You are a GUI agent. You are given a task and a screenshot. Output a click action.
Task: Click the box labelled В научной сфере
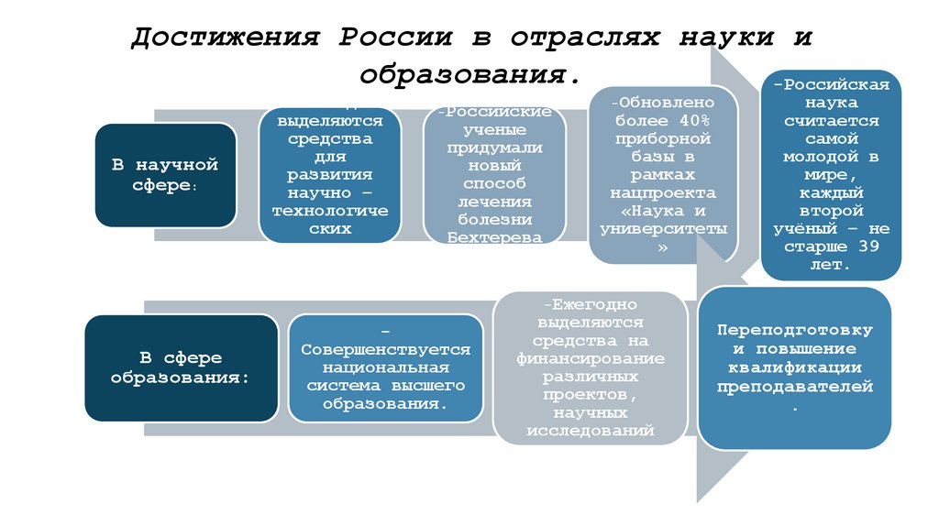tap(164, 175)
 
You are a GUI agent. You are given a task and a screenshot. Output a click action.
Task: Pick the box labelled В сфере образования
tap(180, 367)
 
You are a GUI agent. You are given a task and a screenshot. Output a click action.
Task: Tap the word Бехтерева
tap(494, 236)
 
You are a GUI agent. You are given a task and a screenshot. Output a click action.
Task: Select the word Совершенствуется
tap(385, 349)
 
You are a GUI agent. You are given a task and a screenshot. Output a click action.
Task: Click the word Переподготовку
tap(794, 330)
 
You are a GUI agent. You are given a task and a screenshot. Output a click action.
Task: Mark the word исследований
tap(590, 427)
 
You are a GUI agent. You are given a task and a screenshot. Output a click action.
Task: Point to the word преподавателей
tap(794, 389)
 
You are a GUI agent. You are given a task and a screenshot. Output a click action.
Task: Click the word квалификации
tap(794, 369)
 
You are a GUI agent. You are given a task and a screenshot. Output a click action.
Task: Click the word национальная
tap(385, 367)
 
